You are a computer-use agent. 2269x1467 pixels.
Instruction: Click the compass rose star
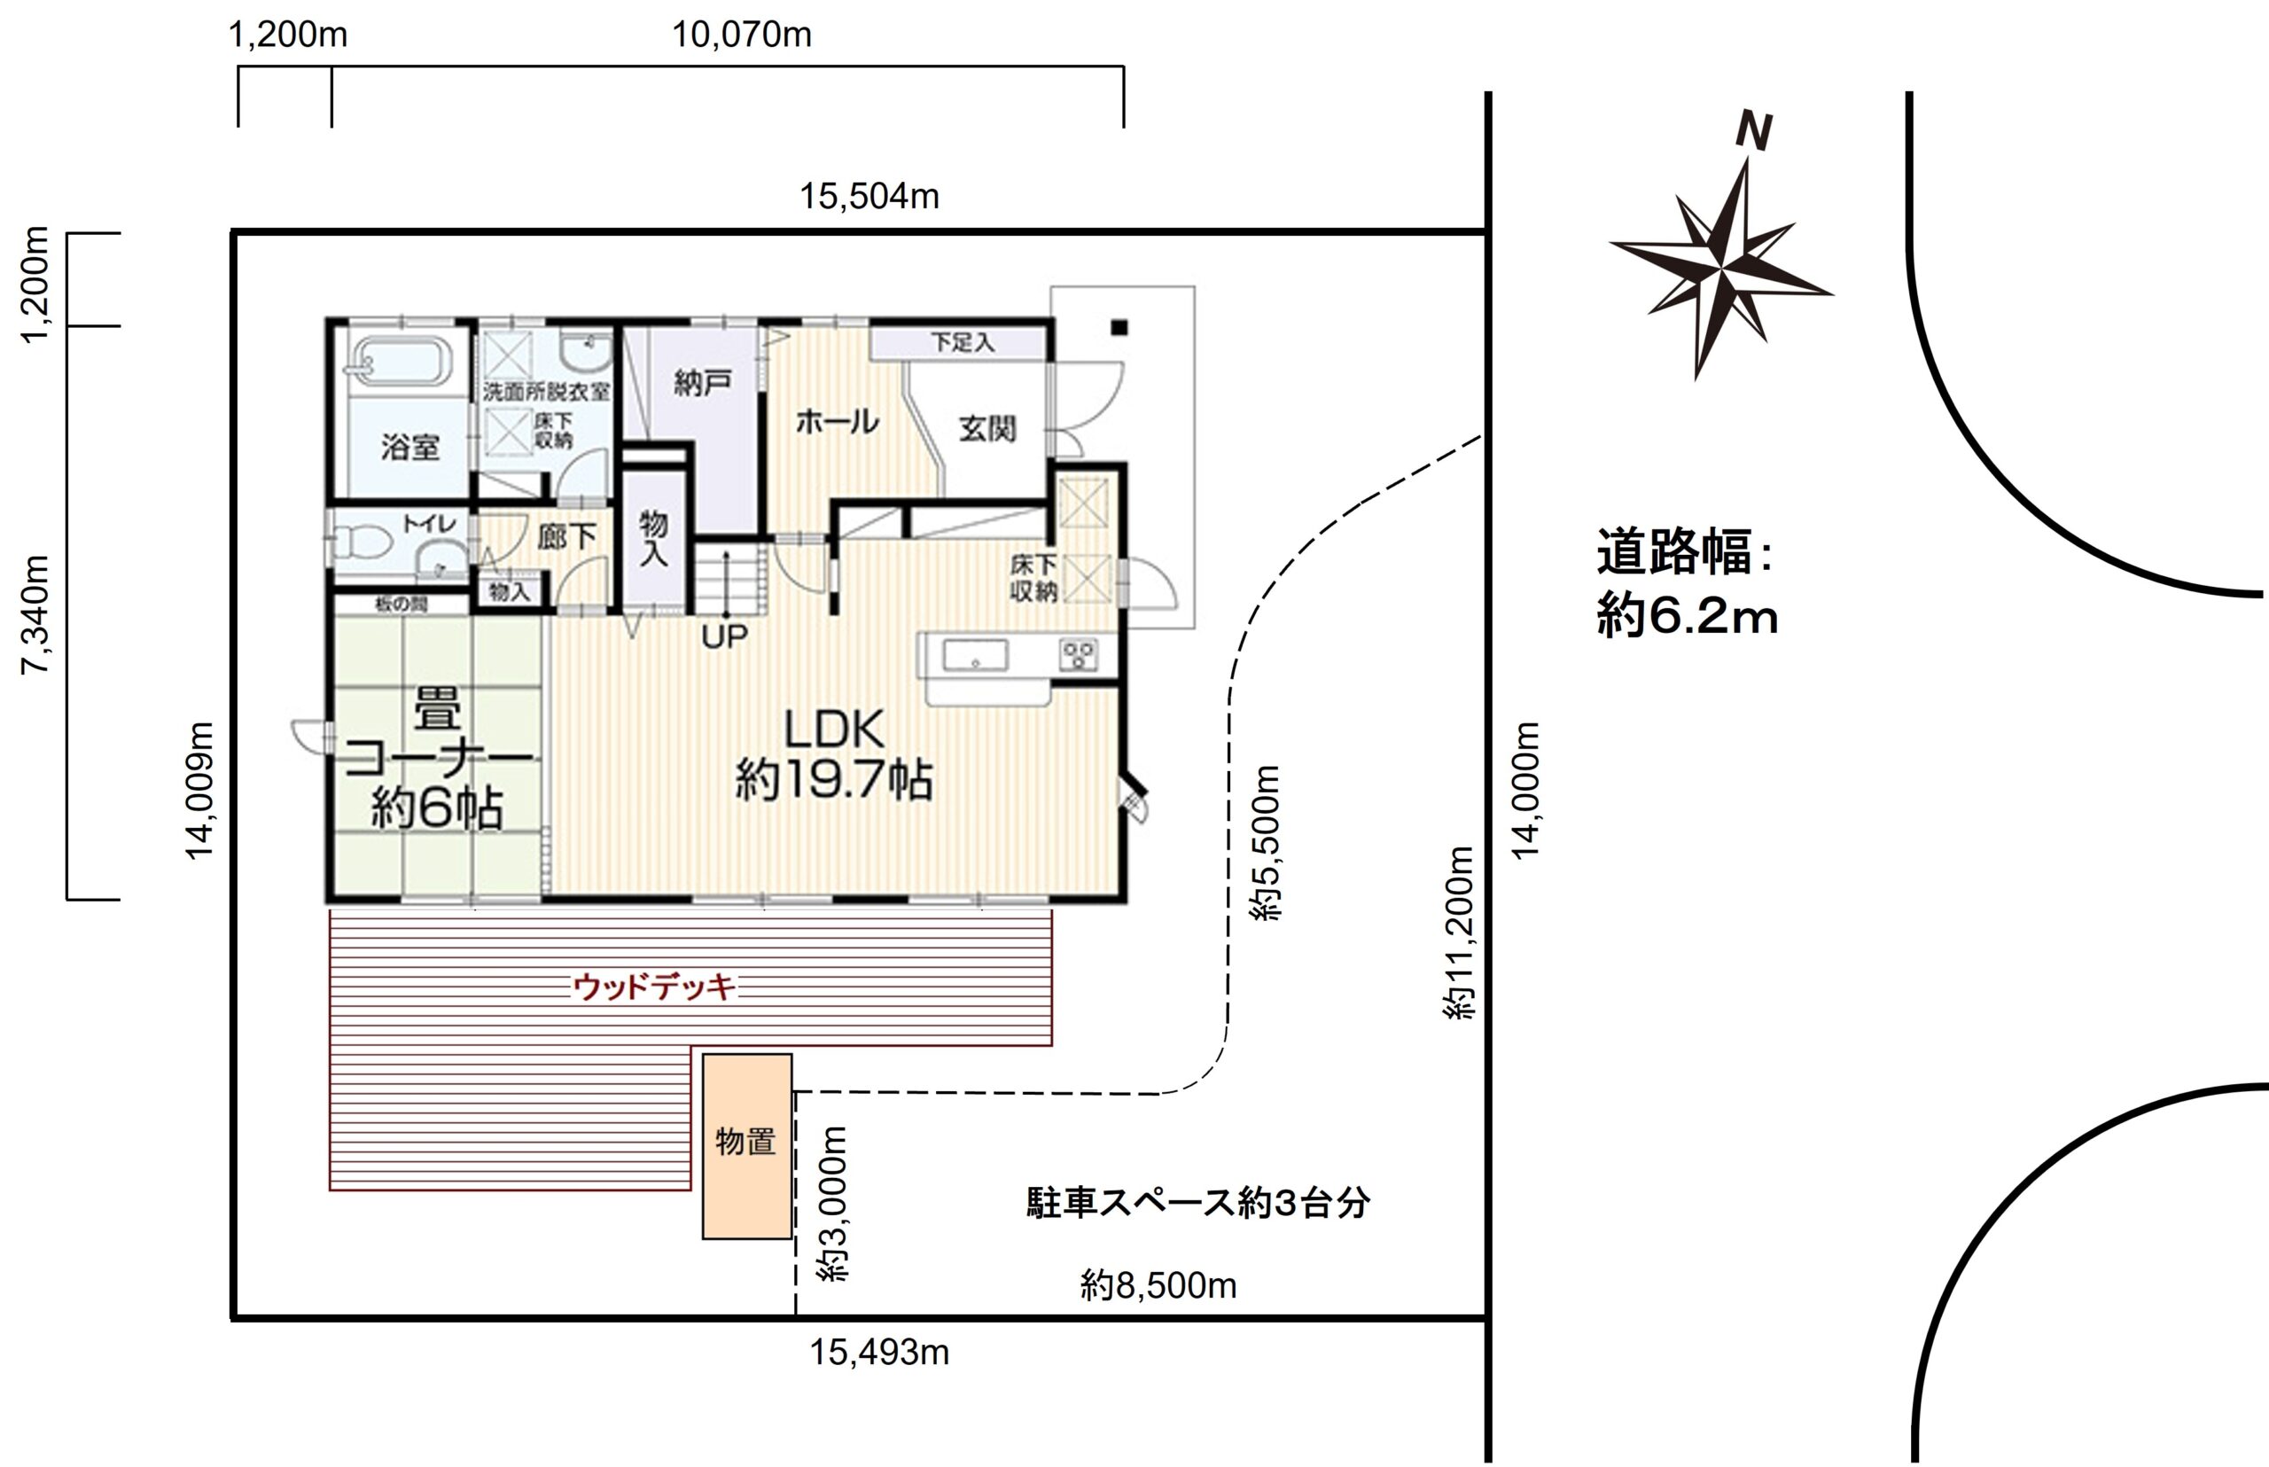[1721, 268]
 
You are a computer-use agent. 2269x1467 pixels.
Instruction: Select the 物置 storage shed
[747, 1146]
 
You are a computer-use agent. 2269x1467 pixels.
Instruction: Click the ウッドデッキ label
[654, 987]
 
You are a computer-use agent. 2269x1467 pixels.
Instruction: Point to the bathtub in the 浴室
[400, 362]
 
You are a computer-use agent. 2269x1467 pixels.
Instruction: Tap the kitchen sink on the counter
[974, 655]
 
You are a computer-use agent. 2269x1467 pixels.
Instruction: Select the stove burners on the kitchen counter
[1079, 654]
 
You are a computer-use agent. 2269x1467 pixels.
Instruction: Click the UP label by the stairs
[725, 636]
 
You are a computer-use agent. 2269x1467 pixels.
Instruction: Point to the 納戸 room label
[703, 384]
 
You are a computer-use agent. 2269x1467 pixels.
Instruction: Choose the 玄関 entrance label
[986, 430]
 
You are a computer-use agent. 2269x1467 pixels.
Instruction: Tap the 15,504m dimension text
[869, 197]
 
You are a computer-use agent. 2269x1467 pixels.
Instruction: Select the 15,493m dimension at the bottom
[879, 1353]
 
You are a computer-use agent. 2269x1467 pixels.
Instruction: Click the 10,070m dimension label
[742, 35]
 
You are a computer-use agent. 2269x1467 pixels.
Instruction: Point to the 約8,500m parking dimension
[1158, 1286]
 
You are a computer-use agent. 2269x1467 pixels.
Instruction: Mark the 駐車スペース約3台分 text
[1198, 1203]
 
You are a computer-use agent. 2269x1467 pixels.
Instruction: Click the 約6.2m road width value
[1687, 617]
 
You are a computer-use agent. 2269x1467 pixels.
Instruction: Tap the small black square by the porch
[1119, 328]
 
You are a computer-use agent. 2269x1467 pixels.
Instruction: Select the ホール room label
[838, 422]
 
